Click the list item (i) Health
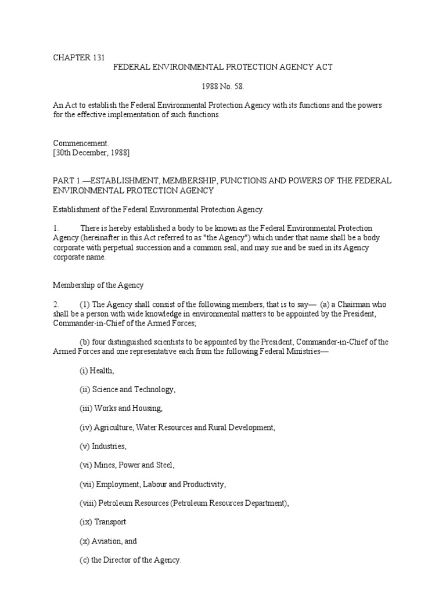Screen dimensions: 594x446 pos(97,370)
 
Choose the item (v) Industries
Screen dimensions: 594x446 pos(103,447)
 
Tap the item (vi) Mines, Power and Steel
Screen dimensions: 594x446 pos(127,465)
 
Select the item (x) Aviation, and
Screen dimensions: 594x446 pos(108,541)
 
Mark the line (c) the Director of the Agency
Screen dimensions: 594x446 pos(131,560)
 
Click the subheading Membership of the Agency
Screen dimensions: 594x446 pos(98,285)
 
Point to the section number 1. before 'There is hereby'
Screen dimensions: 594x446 pos(55,229)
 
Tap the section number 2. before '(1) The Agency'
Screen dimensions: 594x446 pos(56,305)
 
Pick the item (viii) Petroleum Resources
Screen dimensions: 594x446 pos(184,504)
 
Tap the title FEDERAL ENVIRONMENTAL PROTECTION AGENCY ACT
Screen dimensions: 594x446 pos(222,67)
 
